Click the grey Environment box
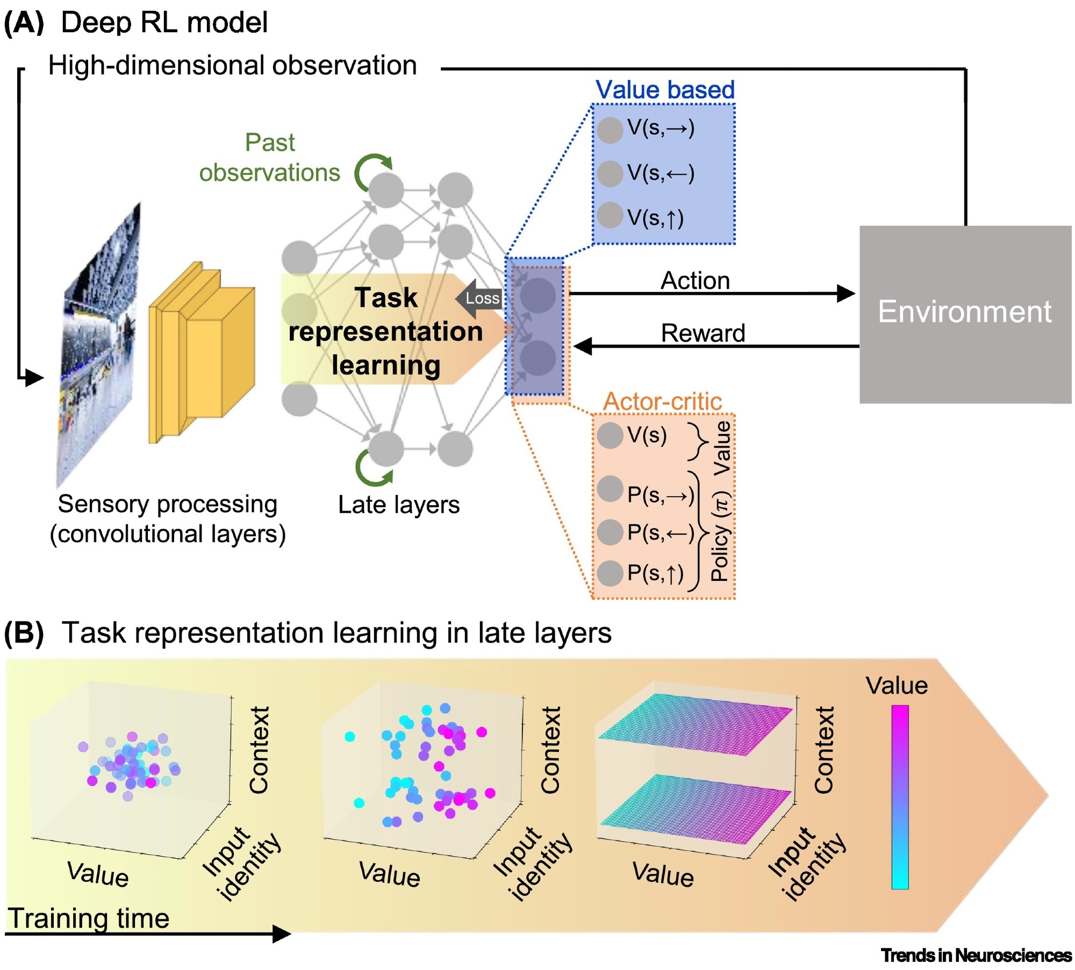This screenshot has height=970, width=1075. [964, 314]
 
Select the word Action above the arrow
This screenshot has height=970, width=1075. [695, 281]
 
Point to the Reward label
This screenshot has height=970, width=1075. [703, 333]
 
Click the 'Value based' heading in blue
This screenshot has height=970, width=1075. [665, 90]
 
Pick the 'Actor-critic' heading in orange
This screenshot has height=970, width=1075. [662, 401]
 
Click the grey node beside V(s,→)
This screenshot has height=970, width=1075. [610, 130]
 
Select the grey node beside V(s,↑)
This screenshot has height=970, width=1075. [610, 215]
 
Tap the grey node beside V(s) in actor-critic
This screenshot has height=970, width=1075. [610, 435]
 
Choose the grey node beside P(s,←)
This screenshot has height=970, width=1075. [610, 532]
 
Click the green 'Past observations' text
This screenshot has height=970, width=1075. [270, 157]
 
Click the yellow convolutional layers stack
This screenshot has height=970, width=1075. [202, 352]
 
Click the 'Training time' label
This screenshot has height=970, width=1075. [89, 918]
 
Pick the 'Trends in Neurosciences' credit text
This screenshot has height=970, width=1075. [976, 955]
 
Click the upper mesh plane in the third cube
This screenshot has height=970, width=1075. [696, 723]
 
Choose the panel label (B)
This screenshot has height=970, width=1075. [24, 633]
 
